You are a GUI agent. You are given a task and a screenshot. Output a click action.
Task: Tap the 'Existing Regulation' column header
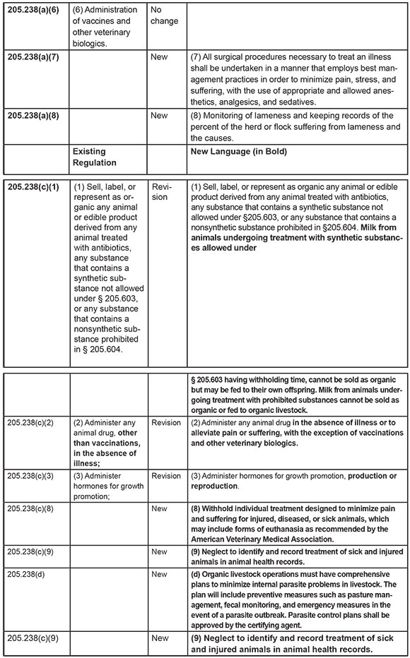point(98,157)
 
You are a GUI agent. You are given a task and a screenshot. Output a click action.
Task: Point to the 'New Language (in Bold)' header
point(240,151)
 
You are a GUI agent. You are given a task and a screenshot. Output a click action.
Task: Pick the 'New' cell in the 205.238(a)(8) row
point(159,116)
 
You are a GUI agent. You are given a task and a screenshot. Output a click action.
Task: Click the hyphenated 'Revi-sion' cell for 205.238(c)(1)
point(160,192)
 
